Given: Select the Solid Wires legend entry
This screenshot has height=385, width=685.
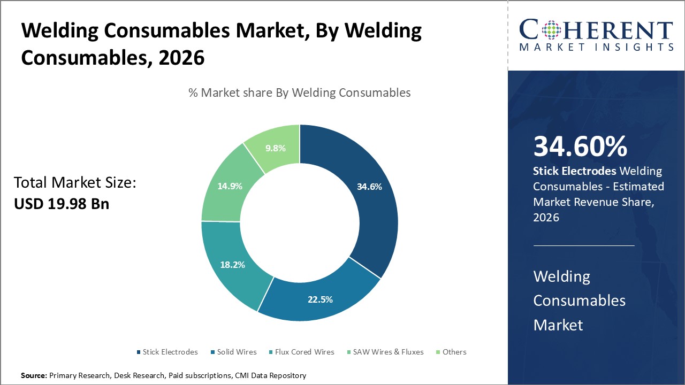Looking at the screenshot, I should click(x=237, y=352).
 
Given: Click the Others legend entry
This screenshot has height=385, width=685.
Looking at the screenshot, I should click(x=454, y=352).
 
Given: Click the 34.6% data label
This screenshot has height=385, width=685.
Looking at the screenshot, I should click(x=369, y=187).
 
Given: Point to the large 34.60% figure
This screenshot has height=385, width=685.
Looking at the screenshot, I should click(x=581, y=147).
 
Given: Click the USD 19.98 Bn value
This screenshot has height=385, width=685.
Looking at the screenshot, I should click(x=62, y=204).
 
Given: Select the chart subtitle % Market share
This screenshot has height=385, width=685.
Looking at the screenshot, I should click(x=300, y=93).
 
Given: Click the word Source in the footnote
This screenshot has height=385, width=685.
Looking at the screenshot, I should click(x=34, y=376).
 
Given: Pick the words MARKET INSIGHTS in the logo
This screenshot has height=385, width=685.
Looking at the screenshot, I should click(x=596, y=47).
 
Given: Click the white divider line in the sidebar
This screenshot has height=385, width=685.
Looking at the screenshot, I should click(x=583, y=245).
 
